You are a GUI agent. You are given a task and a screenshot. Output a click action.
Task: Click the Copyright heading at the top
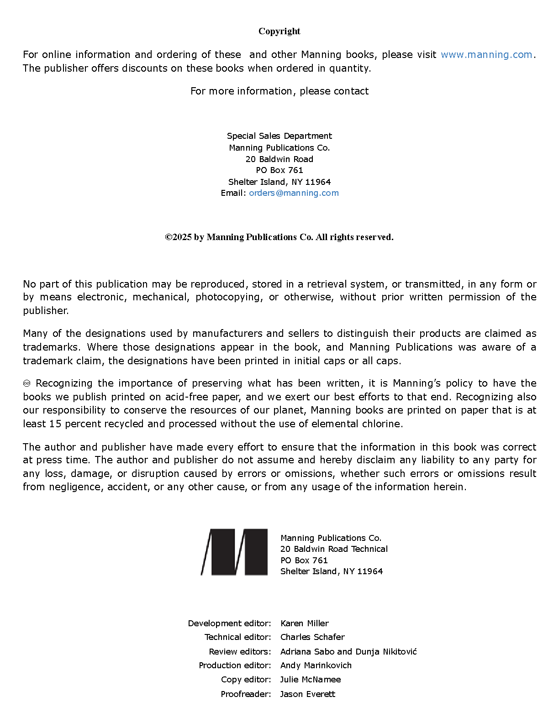coord(279,31)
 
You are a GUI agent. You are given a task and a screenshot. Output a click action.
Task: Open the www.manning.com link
coord(486,55)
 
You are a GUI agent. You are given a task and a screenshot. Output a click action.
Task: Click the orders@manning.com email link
coord(294,193)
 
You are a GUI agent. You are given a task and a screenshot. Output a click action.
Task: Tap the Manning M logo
coord(234,552)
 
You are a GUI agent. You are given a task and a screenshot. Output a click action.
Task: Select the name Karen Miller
coord(304,623)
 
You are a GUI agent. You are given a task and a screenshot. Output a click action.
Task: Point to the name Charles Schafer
coord(312,637)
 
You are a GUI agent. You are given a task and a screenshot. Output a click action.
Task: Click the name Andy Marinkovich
coord(316,665)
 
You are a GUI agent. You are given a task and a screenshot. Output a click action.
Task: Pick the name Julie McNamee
coord(310,680)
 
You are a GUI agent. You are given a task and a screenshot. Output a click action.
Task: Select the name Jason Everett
coord(307,694)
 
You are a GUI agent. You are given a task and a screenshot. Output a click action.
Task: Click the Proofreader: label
coord(246,694)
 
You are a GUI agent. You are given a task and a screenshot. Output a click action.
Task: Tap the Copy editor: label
coord(246,680)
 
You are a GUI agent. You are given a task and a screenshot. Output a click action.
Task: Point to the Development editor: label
coord(229,623)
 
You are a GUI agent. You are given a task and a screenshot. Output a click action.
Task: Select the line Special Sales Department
coord(279,136)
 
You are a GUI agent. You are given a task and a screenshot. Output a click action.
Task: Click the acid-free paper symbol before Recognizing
coord(26,383)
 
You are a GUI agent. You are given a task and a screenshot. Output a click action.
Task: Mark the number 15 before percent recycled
coord(55,424)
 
